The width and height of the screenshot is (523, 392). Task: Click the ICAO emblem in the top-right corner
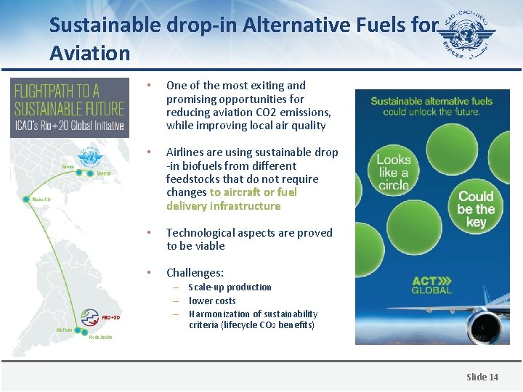(x=469, y=34)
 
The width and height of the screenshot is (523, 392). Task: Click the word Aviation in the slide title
(x=90, y=53)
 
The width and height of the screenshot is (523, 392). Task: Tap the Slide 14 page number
(x=482, y=377)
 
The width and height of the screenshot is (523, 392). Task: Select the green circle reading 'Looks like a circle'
(x=393, y=172)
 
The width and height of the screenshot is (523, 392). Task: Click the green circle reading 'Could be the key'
(x=476, y=209)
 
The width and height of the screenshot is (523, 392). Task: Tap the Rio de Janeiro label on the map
(x=101, y=338)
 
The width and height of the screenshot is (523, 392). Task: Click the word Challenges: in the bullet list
(x=195, y=273)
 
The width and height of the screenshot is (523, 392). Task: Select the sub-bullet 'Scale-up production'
(x=230, y=287)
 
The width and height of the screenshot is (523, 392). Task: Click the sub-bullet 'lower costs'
(x=212, y=301)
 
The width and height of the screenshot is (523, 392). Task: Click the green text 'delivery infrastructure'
(x=223, y=206)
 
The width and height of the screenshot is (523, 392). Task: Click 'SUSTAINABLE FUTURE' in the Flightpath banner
(x=70, y=109)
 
